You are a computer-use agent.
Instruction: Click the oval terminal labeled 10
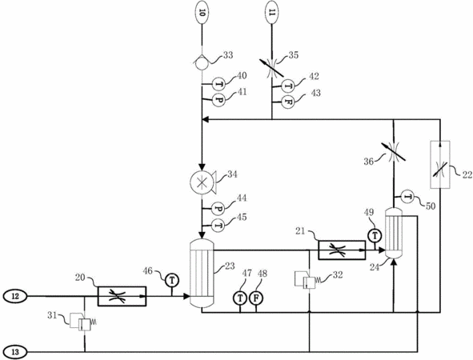coord(202,13)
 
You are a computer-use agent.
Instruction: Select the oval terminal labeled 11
coord(272,13)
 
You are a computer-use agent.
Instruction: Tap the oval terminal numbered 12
coord(15,296)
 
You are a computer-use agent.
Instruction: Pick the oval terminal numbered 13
coord(15,352)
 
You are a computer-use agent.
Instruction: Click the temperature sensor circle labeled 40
coord(219,84)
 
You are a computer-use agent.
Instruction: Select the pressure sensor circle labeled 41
coord(219,100)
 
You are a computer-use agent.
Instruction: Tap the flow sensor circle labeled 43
coord(288,102)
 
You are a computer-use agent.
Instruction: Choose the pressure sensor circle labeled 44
coord(219,208)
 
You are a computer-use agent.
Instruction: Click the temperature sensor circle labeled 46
coord(172,281)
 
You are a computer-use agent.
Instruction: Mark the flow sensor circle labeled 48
coord(256,298)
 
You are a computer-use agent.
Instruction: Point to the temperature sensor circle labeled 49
coord(375,235)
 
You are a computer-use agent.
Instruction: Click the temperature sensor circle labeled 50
coord(408,197)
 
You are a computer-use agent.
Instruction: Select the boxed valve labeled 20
coord(122,296)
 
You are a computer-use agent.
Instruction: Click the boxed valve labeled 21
coord(342,250)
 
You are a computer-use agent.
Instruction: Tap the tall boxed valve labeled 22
coord(440,165)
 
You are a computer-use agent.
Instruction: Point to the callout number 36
coord(369,162)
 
